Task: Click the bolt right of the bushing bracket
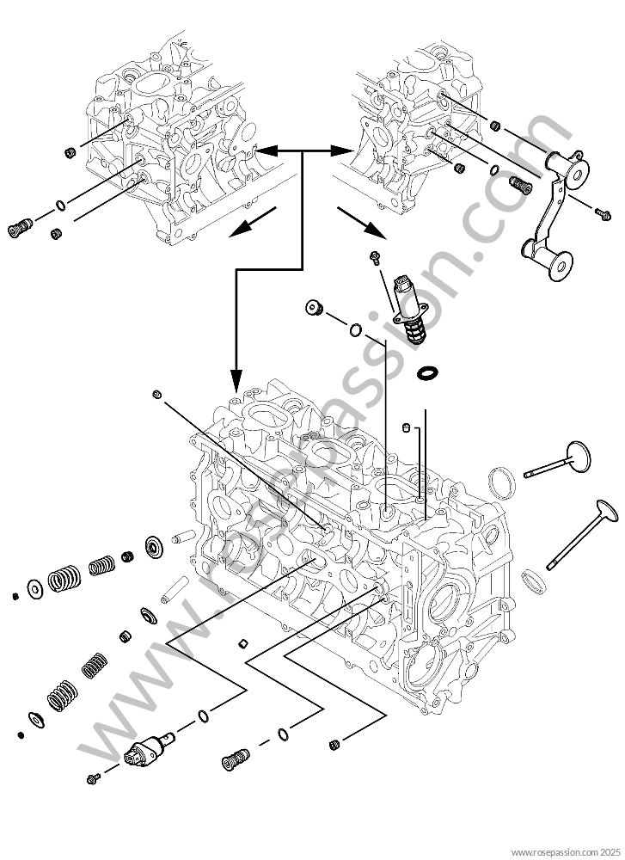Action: (x=601, y=210)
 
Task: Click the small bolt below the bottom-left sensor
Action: (x=94, y=778)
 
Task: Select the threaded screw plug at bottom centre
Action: (x=231, y=759)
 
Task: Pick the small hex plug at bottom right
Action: (x=334, y=743)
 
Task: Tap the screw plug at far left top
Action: (x=19, y=228)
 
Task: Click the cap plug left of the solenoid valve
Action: (x=312, y=308)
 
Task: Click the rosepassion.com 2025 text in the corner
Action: (x=566, y=851)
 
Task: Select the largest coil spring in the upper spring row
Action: (x=63, y=580)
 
